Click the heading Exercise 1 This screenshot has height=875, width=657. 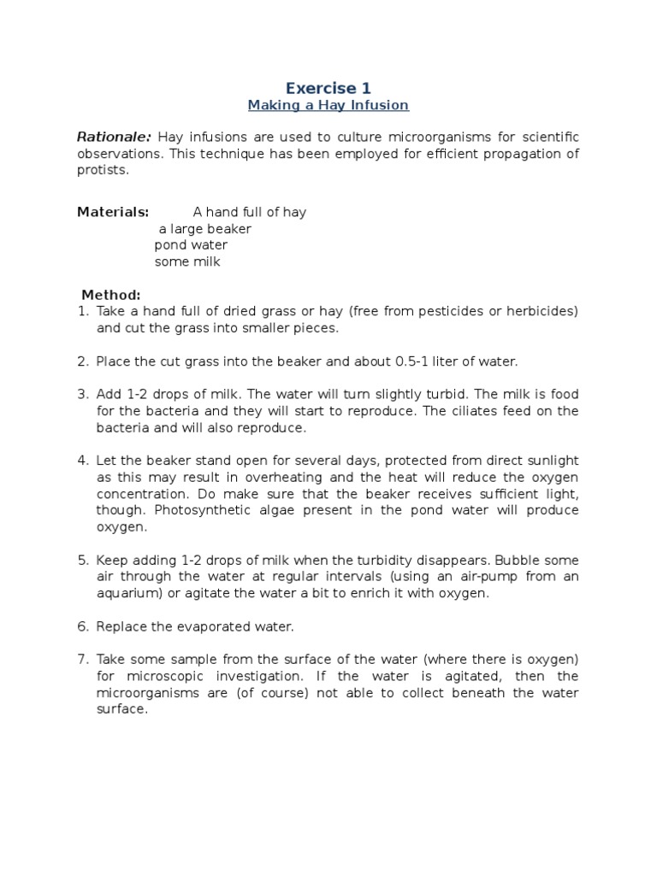328,87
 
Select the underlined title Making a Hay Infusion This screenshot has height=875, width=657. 328,106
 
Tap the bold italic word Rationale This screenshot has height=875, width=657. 114,138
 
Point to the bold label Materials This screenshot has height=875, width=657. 113,212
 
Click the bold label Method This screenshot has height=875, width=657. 110,295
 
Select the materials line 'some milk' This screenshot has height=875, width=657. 187,262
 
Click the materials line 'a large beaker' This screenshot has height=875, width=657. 205,229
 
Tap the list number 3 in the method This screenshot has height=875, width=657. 83,395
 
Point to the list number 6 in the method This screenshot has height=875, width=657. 83,627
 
